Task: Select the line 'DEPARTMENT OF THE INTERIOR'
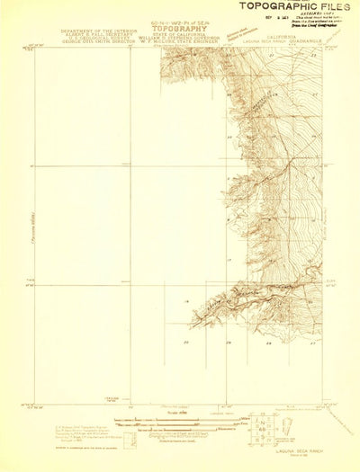tap(95, 30)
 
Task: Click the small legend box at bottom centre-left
tap(130, 440)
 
